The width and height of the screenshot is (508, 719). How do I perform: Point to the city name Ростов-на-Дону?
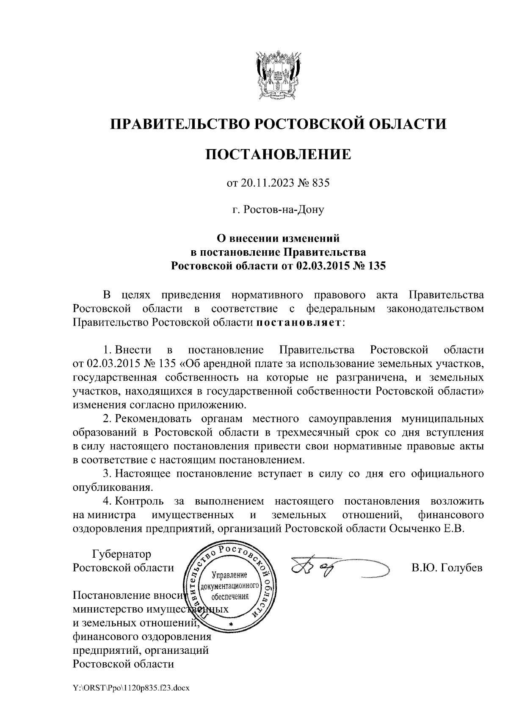coord(278,209)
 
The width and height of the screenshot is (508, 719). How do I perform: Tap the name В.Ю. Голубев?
coord(447,568)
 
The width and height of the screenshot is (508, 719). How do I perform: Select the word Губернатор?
coord(121,554)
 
